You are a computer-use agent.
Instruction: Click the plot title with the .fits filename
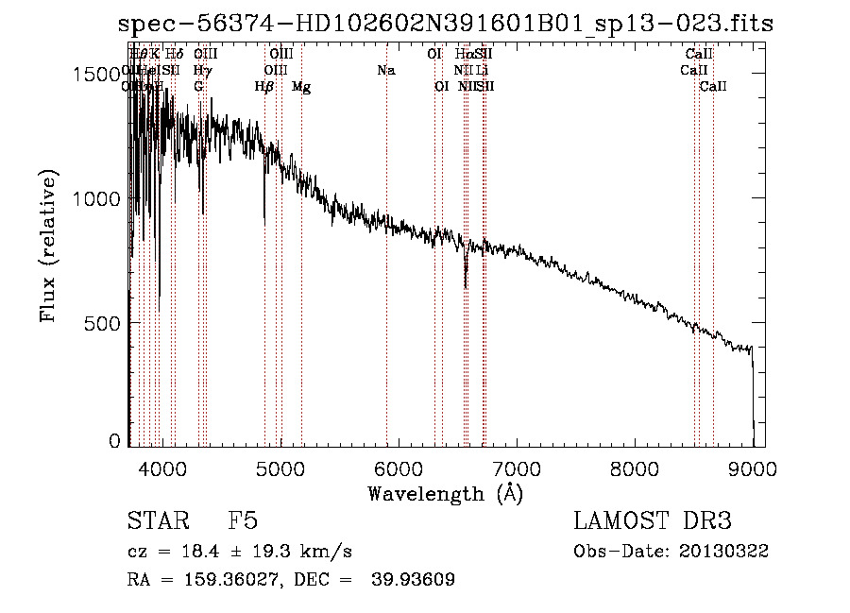446,24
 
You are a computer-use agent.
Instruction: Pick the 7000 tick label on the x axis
517,467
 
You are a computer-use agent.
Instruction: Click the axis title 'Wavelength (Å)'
445,493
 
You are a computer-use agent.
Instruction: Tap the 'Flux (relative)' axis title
49,245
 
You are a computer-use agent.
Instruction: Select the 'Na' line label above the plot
385,70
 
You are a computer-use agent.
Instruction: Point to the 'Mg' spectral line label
301,87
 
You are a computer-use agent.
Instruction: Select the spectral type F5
243,521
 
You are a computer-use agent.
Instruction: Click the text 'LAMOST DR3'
653,521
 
